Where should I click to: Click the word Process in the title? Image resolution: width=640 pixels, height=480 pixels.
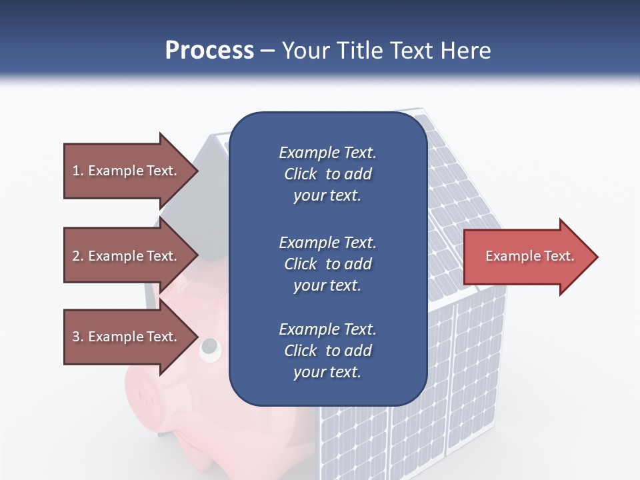click(209, 51)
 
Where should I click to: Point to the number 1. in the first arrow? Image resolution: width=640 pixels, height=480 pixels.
click(78, 171)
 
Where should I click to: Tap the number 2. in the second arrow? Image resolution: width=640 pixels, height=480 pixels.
click(78, 256)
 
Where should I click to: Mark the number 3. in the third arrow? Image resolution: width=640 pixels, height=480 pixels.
click(78, 337)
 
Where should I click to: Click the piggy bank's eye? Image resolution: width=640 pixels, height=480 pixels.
click(209, 346)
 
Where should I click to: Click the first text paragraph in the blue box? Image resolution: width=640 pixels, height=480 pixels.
click(327, 174)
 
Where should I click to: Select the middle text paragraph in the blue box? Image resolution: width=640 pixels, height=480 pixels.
click(327, 263)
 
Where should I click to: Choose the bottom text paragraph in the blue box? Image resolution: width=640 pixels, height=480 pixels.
click(327, 351)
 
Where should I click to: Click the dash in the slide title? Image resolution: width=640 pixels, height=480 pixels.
click(268, 51)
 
